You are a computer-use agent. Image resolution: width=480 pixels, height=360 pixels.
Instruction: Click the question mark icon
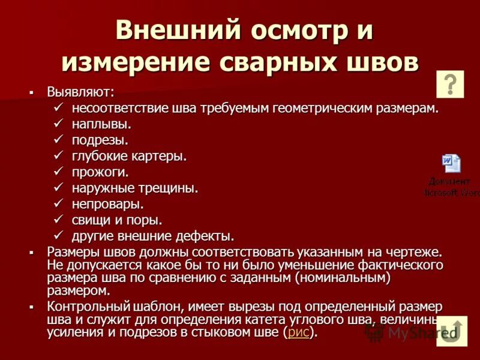point(452,83)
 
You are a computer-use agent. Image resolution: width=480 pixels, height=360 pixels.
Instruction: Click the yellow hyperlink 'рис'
point(298,332)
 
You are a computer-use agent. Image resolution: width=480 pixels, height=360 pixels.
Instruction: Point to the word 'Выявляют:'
point(81,92)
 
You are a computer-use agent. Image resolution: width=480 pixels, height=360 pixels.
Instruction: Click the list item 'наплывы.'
point(101,125)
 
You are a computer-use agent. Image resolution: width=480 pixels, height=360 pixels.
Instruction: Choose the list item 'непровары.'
point(108,203)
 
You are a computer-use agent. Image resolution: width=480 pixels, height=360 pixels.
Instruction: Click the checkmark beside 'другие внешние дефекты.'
point(58,235)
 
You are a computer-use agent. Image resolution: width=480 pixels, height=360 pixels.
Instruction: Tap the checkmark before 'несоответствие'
point(58,109)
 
